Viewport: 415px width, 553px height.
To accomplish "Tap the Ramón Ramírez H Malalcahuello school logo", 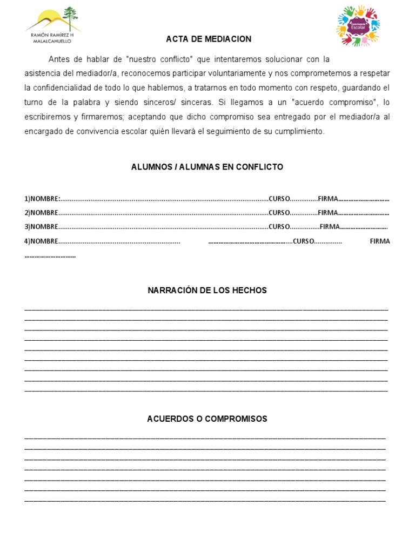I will (x=52, y=25).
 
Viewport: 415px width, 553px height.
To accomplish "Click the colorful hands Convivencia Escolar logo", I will (x=358, y=25).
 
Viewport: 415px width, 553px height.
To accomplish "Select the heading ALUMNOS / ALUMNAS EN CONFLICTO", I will (x=207, y=167).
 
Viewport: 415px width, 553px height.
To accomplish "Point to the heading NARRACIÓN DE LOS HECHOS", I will (x=207, y=291).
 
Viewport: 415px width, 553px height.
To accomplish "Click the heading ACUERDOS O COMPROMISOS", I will (x=207, y=419).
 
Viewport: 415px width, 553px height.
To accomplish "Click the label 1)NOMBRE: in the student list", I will (x=43, y=199).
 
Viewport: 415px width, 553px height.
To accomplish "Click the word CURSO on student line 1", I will (x=279, y=199).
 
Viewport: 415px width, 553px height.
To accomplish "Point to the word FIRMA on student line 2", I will (x=327, y=213).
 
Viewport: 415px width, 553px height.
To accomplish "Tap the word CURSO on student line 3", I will (x=279, y=227).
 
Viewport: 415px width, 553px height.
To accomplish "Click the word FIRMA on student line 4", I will (x=379, y=241).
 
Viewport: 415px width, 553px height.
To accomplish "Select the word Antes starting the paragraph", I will (x=59, y=59).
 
